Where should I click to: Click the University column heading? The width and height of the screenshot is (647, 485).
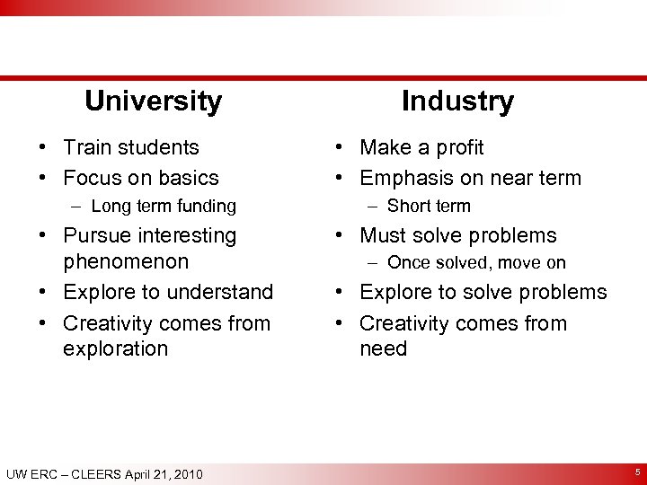153,101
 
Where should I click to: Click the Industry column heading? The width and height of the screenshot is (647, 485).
457,101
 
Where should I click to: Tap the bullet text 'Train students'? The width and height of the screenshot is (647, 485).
131,147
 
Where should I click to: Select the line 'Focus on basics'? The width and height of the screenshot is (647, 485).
141,178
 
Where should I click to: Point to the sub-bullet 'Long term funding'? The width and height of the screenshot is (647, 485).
164,207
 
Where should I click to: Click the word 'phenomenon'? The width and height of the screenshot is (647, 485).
126,261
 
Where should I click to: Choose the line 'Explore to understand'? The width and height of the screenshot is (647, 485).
168,292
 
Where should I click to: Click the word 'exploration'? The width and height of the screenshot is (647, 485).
115,348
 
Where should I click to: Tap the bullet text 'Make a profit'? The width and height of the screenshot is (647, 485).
421,147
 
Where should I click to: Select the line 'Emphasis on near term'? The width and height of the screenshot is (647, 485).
470,178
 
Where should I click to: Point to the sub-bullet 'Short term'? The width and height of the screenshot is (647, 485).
429,207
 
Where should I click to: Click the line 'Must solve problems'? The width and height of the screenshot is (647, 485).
458,235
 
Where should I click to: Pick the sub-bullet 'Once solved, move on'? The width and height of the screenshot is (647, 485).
476,263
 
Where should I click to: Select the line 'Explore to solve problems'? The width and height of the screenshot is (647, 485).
483,292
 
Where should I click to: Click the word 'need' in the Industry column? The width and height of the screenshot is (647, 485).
384,348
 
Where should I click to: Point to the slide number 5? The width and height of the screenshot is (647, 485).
637,472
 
